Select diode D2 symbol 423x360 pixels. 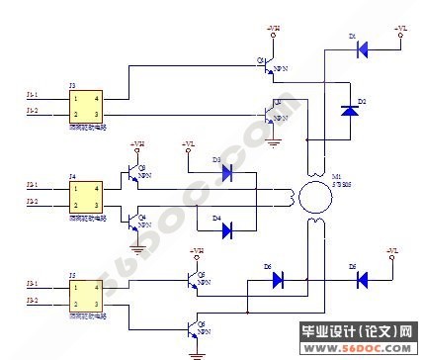click(348, 110)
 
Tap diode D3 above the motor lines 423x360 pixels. click(226, 172)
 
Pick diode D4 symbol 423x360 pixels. click(226, 230)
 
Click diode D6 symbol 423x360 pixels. click(278, 280)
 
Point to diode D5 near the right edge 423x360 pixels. click(361, 280)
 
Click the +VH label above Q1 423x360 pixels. click(273, 30)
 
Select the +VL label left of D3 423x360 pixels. click(189, 145)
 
